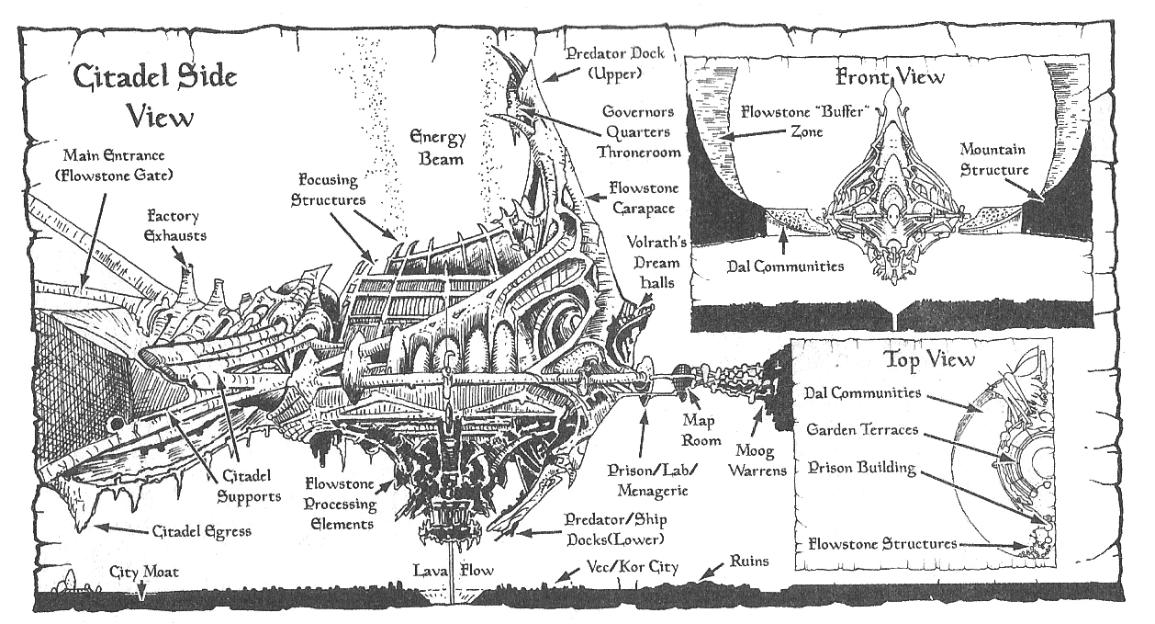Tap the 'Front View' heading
click(889, 77)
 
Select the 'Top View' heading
click(928, 358)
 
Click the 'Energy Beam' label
click(438, 148)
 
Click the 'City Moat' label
click(142, 572)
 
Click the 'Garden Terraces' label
click(860, 430)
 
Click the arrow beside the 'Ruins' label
click(711, 572)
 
